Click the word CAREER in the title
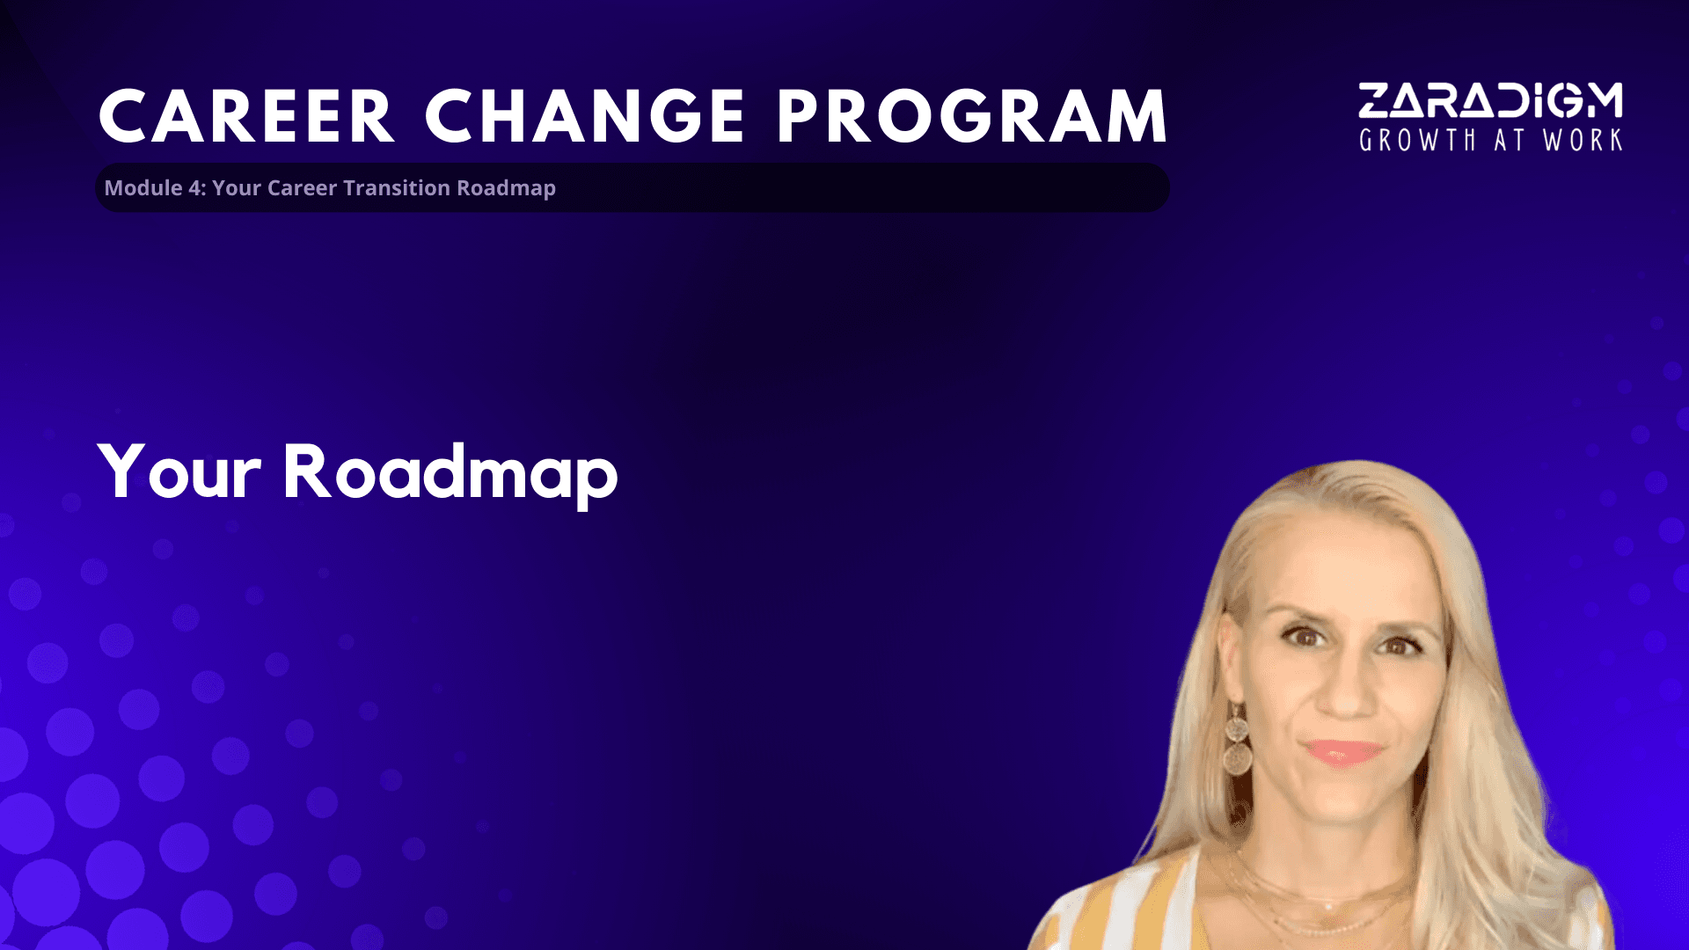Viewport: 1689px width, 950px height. (246, 116)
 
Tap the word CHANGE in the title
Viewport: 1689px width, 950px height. (586, 116)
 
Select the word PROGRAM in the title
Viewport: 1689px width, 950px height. (973, 116)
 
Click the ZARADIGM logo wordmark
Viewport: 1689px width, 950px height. (1490, 100)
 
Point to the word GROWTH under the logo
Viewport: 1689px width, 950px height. (1417, 140)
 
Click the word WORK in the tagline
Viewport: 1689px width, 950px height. (1583, 140)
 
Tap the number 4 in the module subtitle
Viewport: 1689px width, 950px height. (194, 188)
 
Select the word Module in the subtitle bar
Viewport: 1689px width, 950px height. (143, 188)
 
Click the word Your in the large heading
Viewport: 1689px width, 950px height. (179, 472)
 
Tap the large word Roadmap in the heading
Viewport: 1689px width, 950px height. (450, 474)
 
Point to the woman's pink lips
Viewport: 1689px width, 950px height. (1342, 752)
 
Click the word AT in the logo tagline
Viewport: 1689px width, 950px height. (1510, 140)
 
